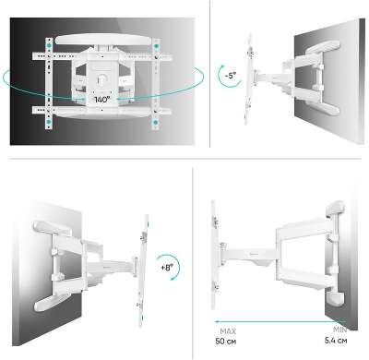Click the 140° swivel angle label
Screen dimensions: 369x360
pos(102,100)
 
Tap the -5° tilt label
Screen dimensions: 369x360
pos(230,75)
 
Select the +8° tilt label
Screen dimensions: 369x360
pos(167,268)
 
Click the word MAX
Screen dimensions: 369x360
pos(228,331)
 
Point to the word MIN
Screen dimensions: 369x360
pos(340,330)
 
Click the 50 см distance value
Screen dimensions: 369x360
pos(226,342)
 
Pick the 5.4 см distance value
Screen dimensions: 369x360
pos(336,341)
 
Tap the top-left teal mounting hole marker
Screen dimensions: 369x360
pos(49,45)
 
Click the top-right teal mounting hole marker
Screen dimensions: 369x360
pos(156,46)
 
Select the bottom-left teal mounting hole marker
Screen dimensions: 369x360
pos(49,122)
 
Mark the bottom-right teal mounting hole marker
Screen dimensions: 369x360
pos(155,123)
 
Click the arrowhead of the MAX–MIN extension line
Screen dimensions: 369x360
pos(217,322)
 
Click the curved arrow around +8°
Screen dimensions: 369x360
pos(178,267)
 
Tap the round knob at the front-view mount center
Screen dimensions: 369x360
pos(101,79)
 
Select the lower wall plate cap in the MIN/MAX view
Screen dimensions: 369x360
pos(335,298)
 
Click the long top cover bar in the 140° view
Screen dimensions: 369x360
pos(104,40)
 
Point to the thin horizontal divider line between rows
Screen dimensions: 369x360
pos(185,159)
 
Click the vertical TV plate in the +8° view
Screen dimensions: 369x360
pos(143,270)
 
